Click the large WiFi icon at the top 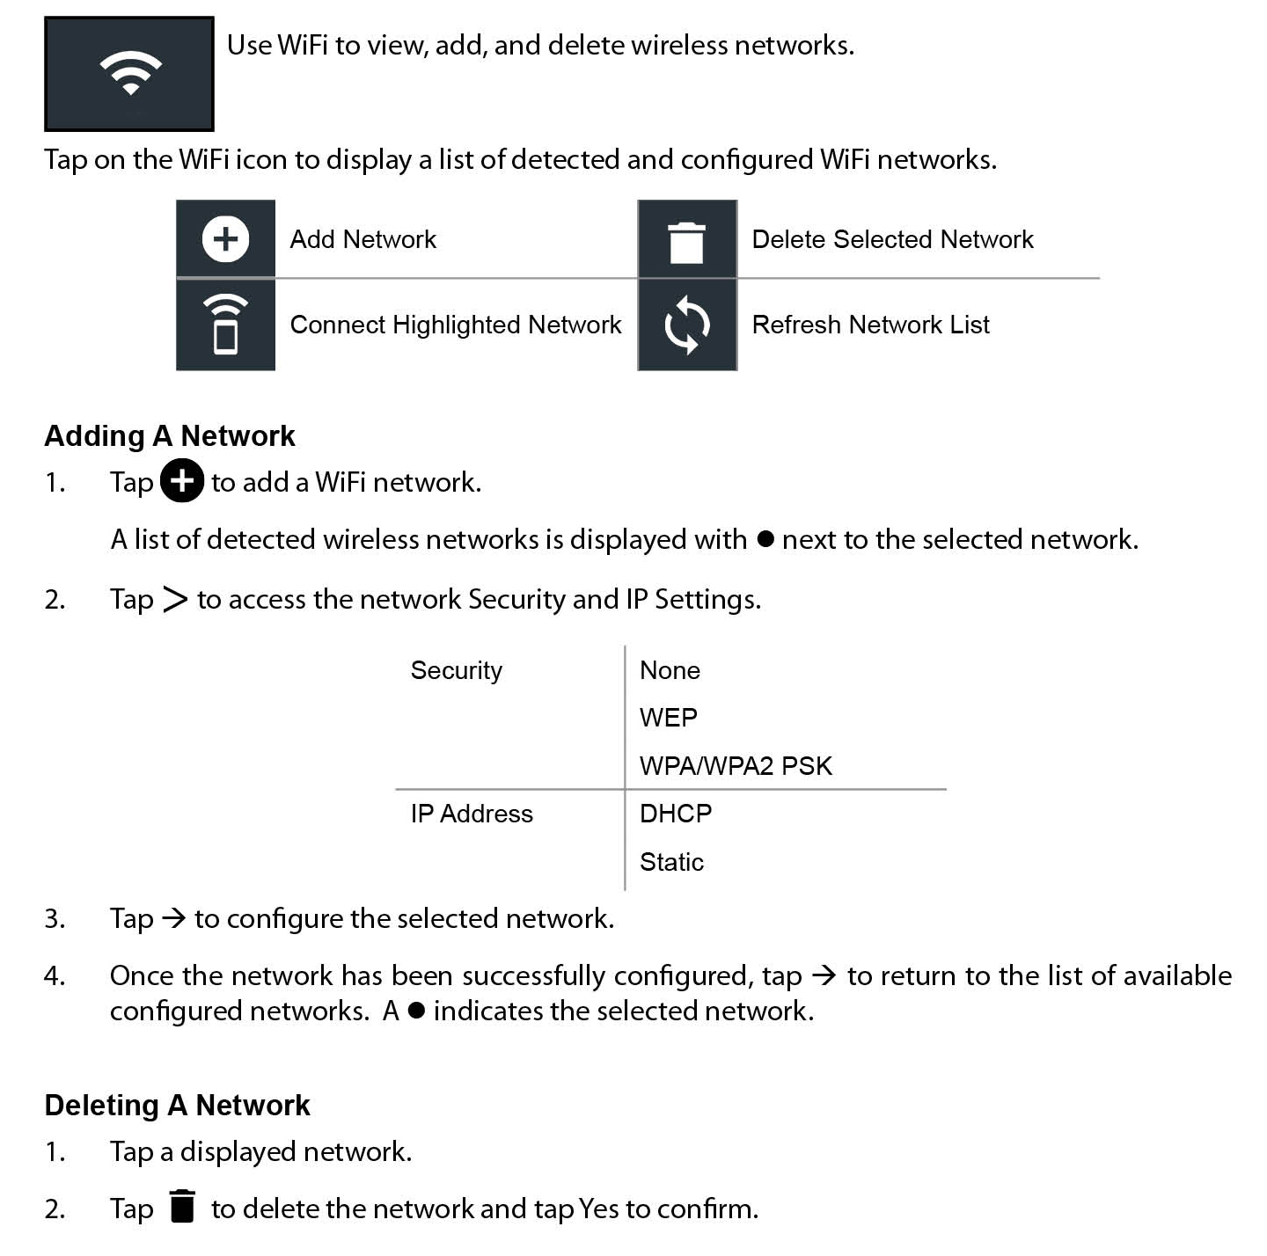coord(129,73)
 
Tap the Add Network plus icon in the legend coord(225,239)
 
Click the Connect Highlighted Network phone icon coord(225,325)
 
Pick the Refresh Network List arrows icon coord(686,325)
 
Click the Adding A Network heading coord(170,436)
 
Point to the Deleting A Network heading coord(177,1106)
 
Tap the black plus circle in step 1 coord(182,481)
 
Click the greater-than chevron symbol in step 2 coord(175,600)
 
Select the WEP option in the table coord(668,718)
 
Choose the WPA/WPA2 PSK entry coord(736,766)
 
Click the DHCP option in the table coord(675,814)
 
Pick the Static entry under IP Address coord(671,862)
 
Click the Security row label coord(456,670)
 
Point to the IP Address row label coord(472,814)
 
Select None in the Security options coord(670,670)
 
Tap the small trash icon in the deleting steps coord(182,1206)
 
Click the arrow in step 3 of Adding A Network coord(174,919)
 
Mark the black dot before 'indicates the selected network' coord(417,1011)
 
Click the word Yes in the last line coord(599,1209)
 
